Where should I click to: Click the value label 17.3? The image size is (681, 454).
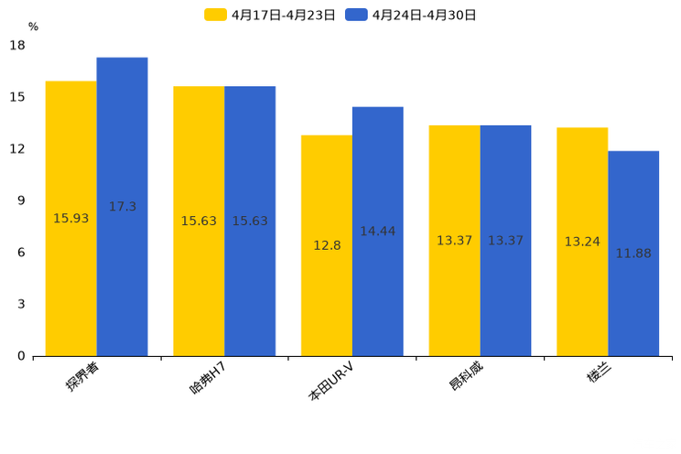click(x=122, y=207)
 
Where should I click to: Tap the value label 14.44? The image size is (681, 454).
click(x=377, y=232)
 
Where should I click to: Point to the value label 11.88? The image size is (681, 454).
click(x=633, y=254)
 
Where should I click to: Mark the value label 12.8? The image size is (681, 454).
click(x=327, y=245)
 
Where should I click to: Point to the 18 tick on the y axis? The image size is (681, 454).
click(x=17, y=46)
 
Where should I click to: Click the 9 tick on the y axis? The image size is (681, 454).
click(x=21, y=200)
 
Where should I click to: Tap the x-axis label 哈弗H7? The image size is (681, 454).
click(x=208, y=377)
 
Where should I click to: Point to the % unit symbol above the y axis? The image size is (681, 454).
click(x=33, y=27)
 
